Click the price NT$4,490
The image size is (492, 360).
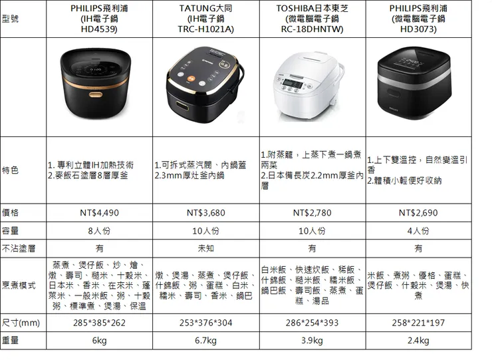[99, 213]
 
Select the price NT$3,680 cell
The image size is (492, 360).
[207, 213]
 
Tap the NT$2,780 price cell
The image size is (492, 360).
[312, 213]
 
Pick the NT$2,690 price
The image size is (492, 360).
[418, 213]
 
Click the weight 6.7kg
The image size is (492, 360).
[207, 341]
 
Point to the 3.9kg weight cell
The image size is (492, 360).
[312, 341]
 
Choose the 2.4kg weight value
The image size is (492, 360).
[418, 341]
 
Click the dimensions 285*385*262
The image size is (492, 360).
[99, 323]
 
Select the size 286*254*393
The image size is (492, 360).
[312, 323]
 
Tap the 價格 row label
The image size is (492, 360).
[11, 213]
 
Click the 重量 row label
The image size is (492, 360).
[11, 341]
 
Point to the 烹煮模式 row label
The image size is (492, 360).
[19, 285]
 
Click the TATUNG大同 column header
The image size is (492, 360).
[207, 8]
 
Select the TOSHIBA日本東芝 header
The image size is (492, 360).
[312, 8]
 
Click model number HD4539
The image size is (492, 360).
[99, 30]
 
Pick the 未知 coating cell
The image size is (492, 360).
[207, 249]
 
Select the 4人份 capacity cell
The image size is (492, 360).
[418, 231]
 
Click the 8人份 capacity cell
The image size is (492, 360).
[99, 231]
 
